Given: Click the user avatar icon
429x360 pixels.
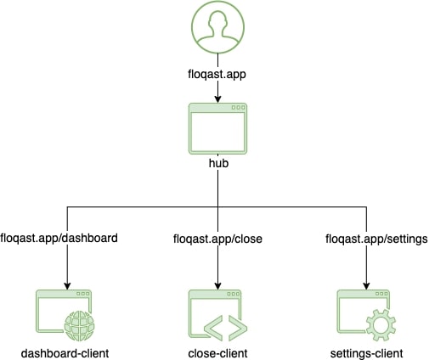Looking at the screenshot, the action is click(x=217, y=27).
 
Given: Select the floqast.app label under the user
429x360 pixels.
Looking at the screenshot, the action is click(x=217, y=75).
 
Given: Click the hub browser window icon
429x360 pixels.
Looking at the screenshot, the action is click(x=217, y=129).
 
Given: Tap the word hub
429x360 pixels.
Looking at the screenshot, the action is click(x=218, y=163).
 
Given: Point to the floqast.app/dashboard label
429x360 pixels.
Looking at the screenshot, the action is click(x=59, y=238).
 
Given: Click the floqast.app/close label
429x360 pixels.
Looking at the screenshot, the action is click(x=217, y=239).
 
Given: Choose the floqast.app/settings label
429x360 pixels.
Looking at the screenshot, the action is click(x=376, y=239).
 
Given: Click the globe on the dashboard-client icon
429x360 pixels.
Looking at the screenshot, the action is click(x=80, y=325).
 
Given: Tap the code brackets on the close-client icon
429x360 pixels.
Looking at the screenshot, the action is click(x=226, y=328).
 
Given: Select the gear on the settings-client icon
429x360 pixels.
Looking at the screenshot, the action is click(x=381, y=325).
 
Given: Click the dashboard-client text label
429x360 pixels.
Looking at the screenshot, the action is click(x=65, y=353).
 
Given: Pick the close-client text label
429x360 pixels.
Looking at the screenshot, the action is click(x=217, y=353).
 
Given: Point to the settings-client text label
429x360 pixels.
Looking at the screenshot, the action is click(x=366, y=354).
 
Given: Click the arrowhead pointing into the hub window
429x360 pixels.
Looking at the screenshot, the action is click(x=217, y=99).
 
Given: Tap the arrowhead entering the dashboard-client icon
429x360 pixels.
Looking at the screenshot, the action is click(x=67, y=286).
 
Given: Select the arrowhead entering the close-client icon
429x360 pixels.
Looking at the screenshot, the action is click(x=217, y=286).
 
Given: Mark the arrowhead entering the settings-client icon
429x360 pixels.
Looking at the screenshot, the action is click(x=366, y=286).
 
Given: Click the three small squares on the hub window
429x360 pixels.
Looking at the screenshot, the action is click(x=238, y=108).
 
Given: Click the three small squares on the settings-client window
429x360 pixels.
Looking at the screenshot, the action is click(x=381, y=294).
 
